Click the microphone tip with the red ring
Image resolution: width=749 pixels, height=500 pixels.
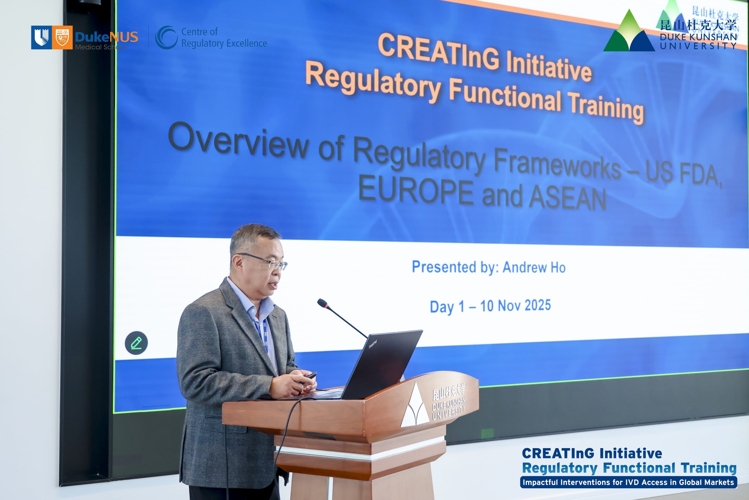[323, 303]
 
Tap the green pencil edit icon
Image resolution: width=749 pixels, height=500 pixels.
[136, 343]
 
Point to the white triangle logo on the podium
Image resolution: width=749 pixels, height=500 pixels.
[415, 406]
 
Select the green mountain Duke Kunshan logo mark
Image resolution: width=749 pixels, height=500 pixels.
[629, 31]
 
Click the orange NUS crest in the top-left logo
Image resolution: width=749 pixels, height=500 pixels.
[62, 37]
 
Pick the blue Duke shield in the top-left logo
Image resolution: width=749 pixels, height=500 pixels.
[41, 37]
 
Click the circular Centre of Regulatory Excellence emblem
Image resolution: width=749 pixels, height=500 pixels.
[166, 37]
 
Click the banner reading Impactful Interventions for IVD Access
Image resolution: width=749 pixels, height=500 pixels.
[628, 482]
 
